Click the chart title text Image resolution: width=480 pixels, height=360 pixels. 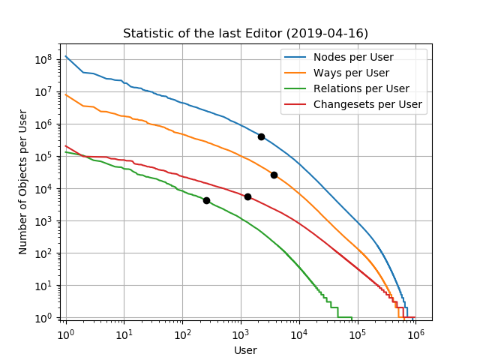click(245, 33)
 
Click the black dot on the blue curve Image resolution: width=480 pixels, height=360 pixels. click(261, 136)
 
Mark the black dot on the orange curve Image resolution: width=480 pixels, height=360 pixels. click(274, 175)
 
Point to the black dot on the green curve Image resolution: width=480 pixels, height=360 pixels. click(206, 200)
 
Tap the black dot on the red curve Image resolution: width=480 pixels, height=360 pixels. click(247, 196)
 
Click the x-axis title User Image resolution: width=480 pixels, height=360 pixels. click(245, 350)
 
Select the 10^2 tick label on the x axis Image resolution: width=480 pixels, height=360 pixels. click(182, 333)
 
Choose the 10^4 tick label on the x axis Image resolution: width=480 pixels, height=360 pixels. click(298, 333)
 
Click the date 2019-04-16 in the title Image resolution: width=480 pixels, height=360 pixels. click(327, 33)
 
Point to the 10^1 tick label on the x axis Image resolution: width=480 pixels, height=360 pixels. click(124, 333)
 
